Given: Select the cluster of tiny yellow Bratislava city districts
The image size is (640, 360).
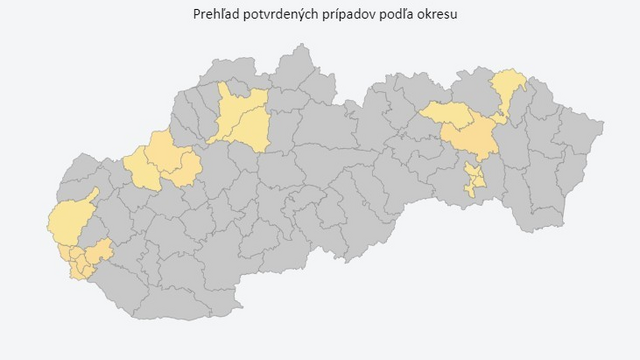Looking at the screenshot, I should pos(78,263).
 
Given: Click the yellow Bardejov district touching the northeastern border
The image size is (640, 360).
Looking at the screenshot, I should pos(511,86).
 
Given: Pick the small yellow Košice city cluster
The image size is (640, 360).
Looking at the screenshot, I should pos(473,181).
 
